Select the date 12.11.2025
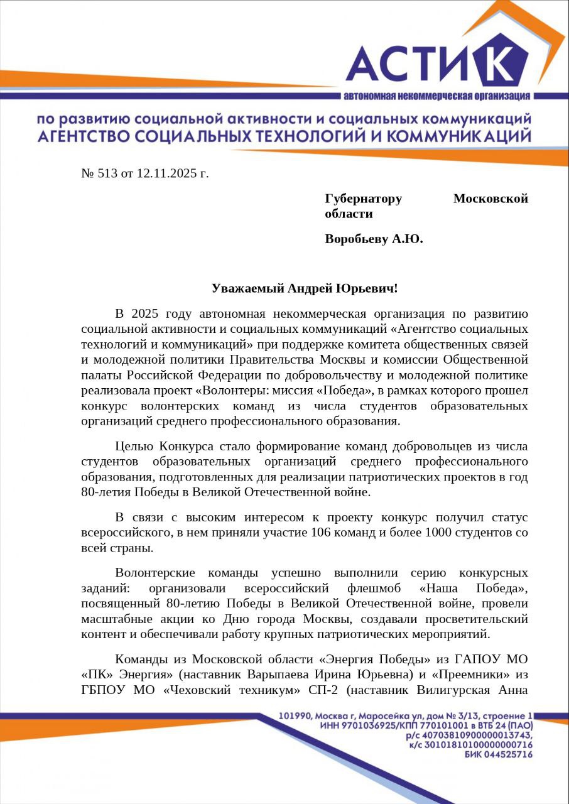tap(166, 173)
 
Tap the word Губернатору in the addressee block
tap(363, 198)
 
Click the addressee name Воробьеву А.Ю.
tap(374, 239)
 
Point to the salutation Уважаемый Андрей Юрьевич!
tap(305, 288)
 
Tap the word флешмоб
tap(375, 589)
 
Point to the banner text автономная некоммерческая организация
tap(436, 96)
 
